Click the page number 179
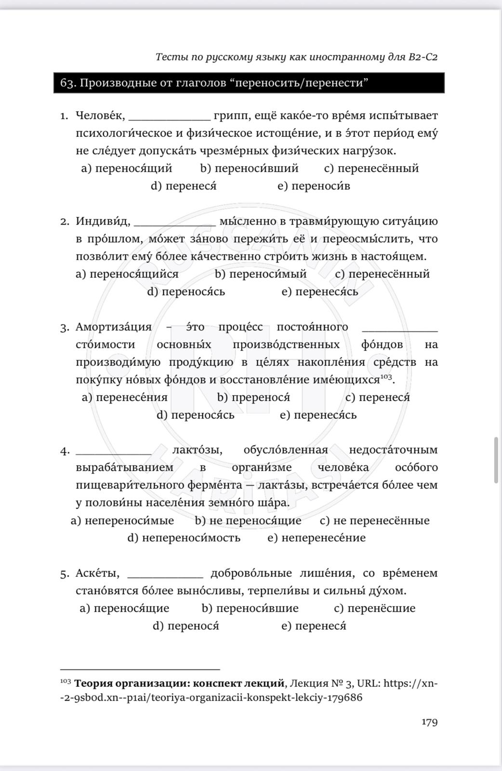point(429,722)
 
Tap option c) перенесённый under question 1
point(371,168)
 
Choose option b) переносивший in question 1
point(249,168)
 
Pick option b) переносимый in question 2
point(261,274)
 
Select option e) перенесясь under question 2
point(320,292)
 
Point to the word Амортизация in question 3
point(114,327)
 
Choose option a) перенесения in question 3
point(125,397)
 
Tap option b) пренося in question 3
point(253,397)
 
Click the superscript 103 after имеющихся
point(386,376)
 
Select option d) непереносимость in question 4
point(184,538)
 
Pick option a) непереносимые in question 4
point(122,520)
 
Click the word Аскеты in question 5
point(97,573)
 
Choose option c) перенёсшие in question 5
point(374,608)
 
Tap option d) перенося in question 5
point(186,626)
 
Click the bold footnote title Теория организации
point(179,683)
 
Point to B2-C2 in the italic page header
point(423,57)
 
